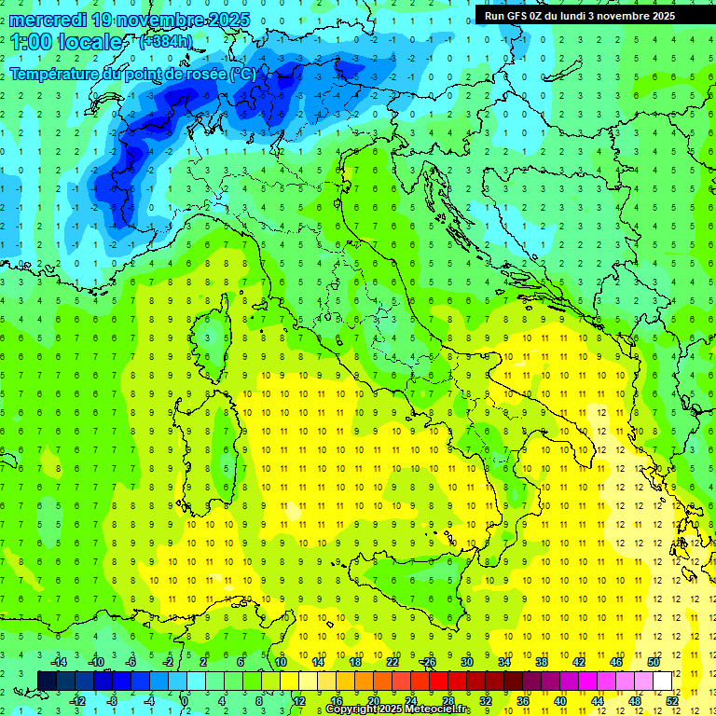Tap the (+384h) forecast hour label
[166, 41]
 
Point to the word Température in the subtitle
[55, 74]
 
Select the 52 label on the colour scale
[671, 700]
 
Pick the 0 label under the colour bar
[185, 700]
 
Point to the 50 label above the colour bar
[653, 661]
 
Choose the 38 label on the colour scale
[541, 661]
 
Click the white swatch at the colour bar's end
[663, 681]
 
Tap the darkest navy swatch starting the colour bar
[48, 681]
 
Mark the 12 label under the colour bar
[298, 700]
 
